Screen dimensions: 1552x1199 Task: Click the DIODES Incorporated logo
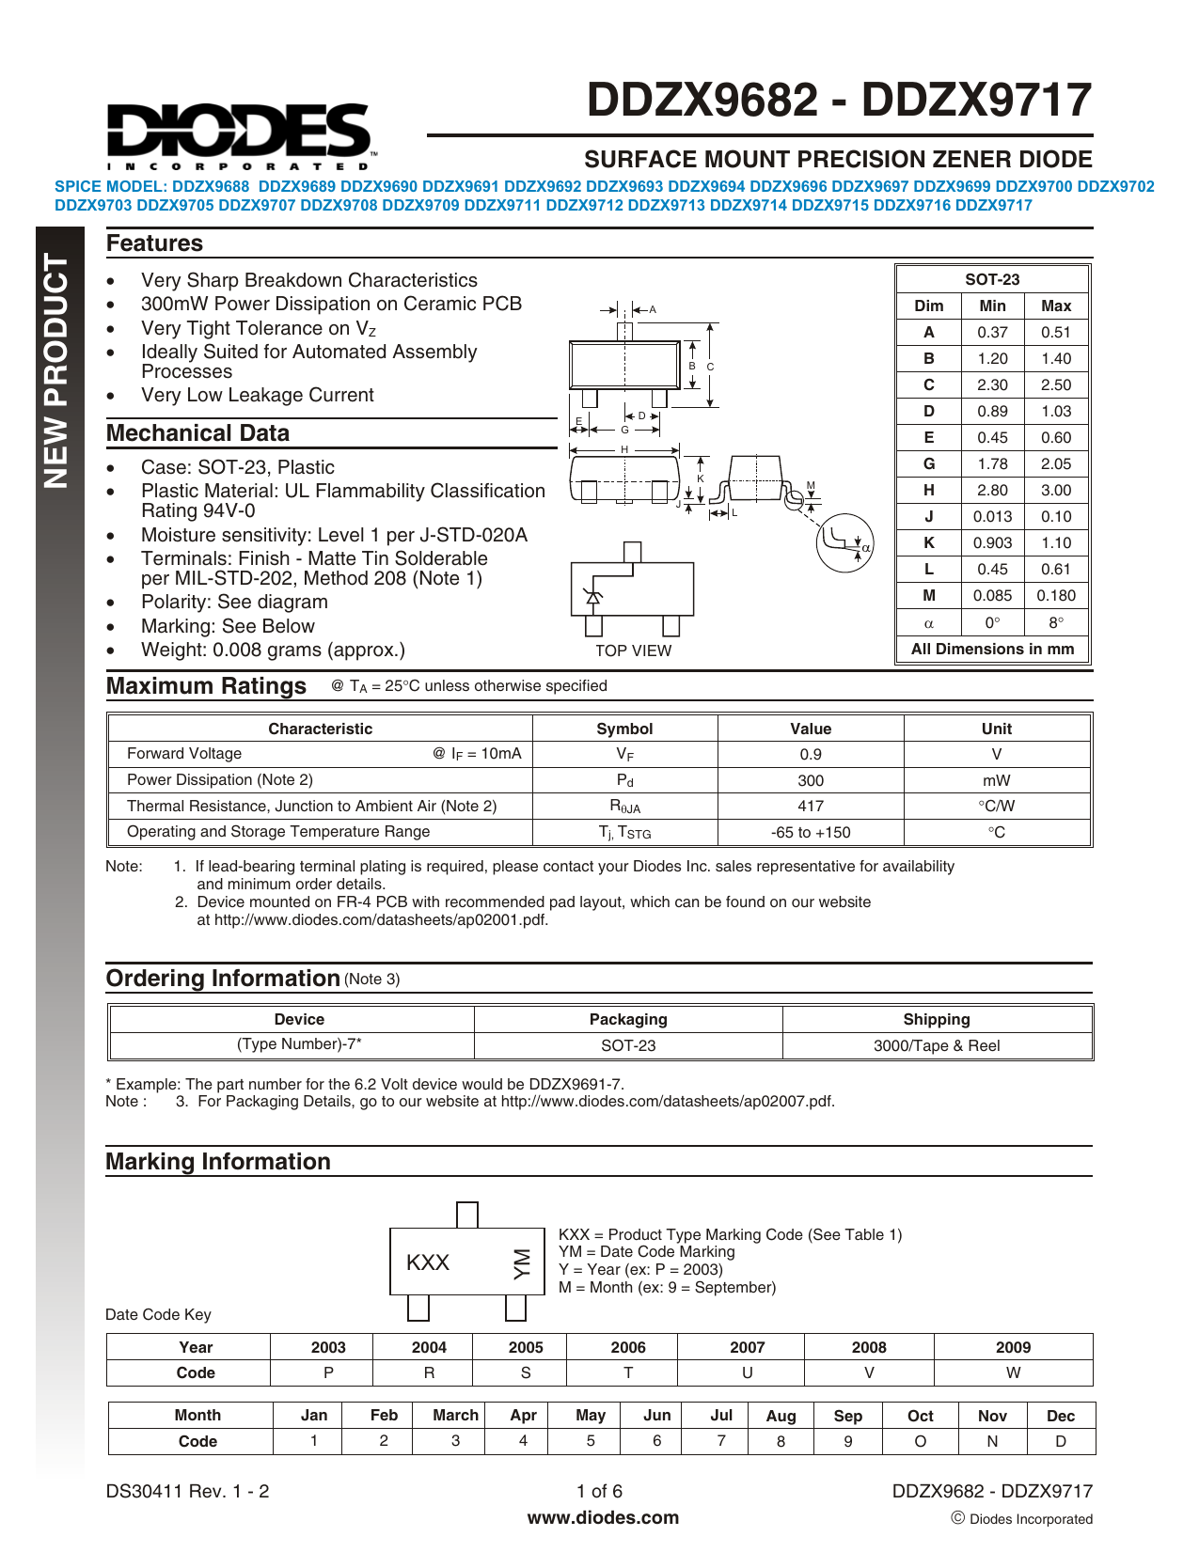(x=241, y=132)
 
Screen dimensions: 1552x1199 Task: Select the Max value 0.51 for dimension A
(x=1055, y=332)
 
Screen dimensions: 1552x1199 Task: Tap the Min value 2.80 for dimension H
(x=992, y=490)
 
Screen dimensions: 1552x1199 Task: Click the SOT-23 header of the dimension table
(x=992, y=279)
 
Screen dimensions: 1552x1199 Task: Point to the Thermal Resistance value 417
(x=810, y=806)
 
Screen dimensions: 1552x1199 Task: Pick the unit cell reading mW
(x=996, y=780)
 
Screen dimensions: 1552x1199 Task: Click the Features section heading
(x=154, y=243)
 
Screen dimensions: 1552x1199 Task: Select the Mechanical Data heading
(x=197, y=433)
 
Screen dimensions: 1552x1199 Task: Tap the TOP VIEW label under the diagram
(x=633, y=651)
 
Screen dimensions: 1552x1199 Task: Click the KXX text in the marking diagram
(x=428, y=1262)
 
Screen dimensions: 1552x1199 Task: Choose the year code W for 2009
(x=1013, y=1372)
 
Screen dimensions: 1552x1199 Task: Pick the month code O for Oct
(x=920, y=1441)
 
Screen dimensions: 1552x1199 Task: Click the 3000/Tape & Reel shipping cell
(x=937, y=1045)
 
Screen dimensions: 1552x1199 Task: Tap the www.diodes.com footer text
(x=603, y=1517)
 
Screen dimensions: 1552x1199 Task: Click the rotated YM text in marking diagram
(x=521, y=1263)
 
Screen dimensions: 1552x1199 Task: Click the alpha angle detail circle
(x=845, y=542)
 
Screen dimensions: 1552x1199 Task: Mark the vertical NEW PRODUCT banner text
(x=57, y=371)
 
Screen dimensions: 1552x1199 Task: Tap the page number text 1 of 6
(x=599, y=1491)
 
